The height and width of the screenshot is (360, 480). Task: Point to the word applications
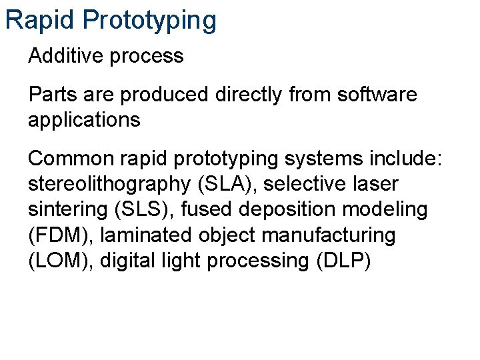(x=85, y=121)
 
